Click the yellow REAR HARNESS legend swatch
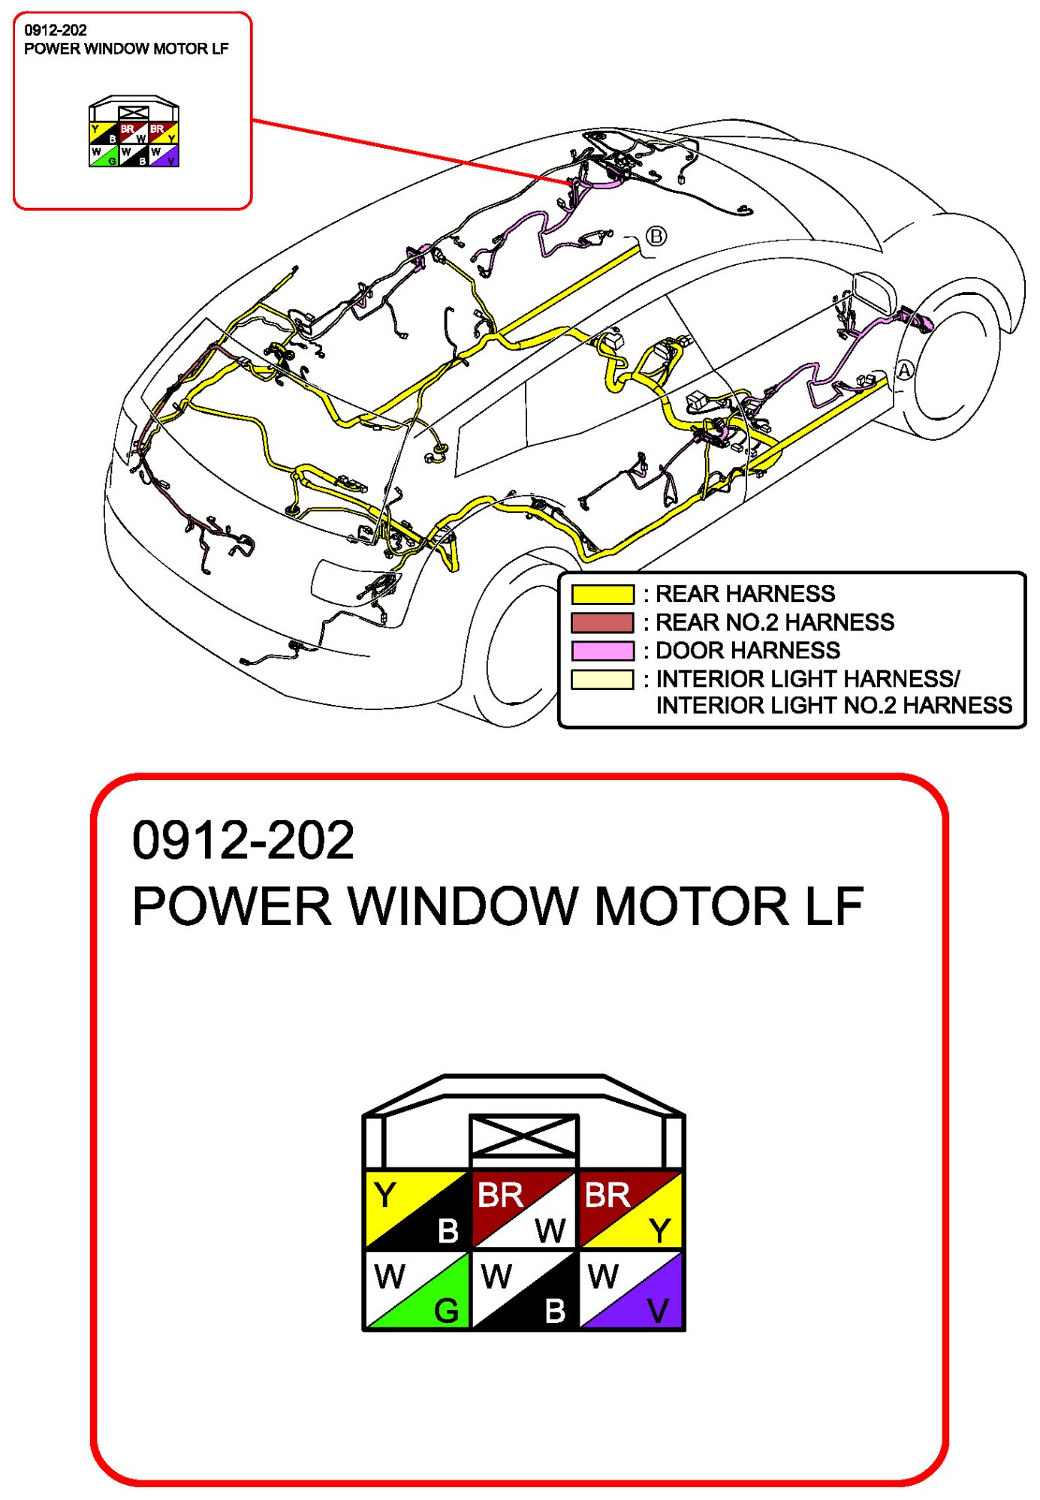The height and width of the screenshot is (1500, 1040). [602, 594]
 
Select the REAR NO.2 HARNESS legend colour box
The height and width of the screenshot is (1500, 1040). [602, 622]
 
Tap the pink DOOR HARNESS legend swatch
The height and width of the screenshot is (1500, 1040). [602, 650]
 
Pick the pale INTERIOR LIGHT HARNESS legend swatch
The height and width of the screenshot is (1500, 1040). [602, 679]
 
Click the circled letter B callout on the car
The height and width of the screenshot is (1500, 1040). [656, 236]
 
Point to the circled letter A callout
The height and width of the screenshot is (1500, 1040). [905, 370]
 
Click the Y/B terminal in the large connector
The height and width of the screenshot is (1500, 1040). [417, 1210]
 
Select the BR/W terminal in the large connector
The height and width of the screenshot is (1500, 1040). [523, 1210]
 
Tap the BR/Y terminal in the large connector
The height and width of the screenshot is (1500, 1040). [631, 1210]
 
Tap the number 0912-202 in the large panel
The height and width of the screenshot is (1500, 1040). [243, 840]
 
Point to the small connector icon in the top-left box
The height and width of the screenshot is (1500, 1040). [134, 132]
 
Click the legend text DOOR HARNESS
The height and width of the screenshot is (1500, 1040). [748, 650]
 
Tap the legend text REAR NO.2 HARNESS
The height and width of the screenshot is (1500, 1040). [775, 622]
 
